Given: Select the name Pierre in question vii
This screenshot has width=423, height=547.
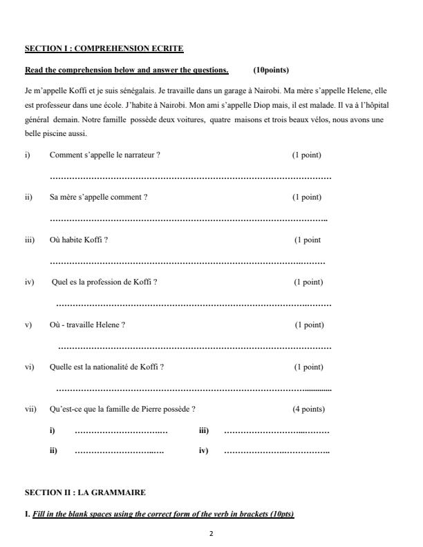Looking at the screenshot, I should coord(153,409).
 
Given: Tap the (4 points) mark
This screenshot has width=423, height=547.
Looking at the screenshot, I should coord(308,409).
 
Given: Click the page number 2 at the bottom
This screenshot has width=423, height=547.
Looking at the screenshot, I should coord(211,534).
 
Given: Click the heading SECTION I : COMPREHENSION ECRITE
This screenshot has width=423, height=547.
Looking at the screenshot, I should coord(104,48).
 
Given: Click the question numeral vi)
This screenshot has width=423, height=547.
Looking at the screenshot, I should coord(29,367).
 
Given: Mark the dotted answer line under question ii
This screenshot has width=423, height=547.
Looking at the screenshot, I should coord(189,220).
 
